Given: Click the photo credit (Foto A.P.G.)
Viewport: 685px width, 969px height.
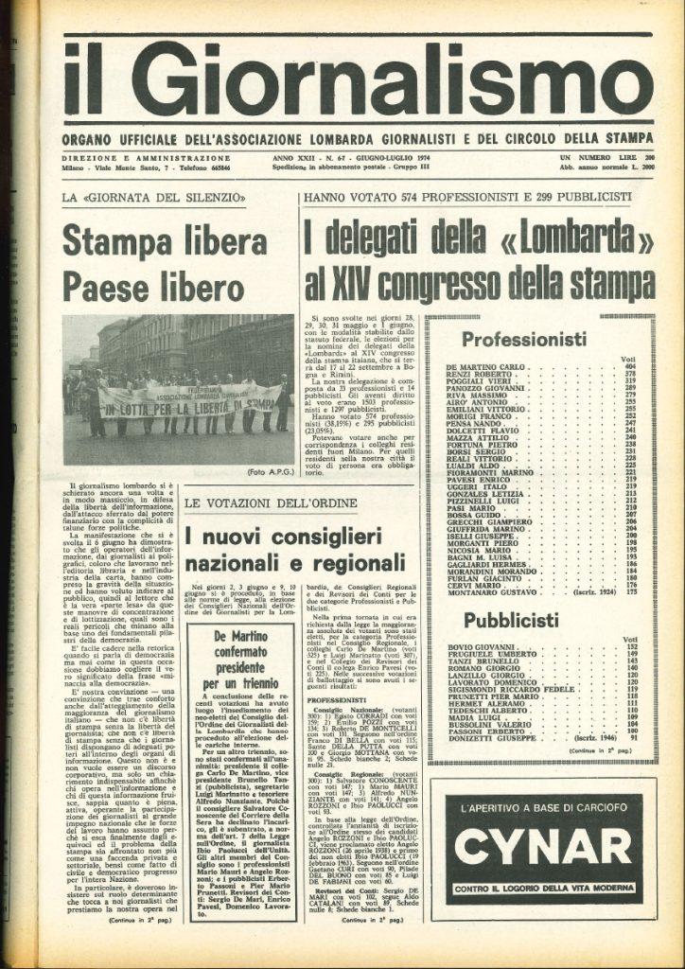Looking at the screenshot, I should click(x=270, y=471).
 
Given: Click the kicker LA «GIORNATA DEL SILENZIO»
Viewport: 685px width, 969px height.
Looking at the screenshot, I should click(x=154, y=197).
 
